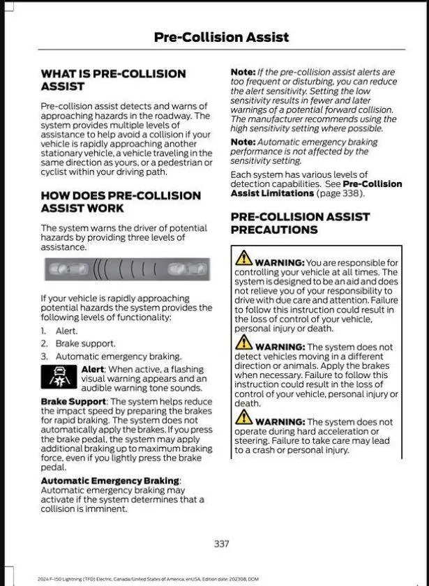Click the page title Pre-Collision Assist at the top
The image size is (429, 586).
221,37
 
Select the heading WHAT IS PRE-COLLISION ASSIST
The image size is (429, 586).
113,80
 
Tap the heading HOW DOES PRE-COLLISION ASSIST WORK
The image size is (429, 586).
120,202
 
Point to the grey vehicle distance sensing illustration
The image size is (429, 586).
126,269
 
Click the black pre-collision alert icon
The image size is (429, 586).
59,377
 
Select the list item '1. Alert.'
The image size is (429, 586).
59,331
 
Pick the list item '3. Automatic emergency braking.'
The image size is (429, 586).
111,356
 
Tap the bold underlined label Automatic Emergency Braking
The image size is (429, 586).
110,481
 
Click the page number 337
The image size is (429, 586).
221,543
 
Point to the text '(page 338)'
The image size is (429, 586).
340,193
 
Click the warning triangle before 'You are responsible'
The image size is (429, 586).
243,257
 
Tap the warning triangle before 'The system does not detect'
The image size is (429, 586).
243,343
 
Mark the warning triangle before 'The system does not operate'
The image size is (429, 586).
243,417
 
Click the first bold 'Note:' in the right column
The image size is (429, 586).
243,72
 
